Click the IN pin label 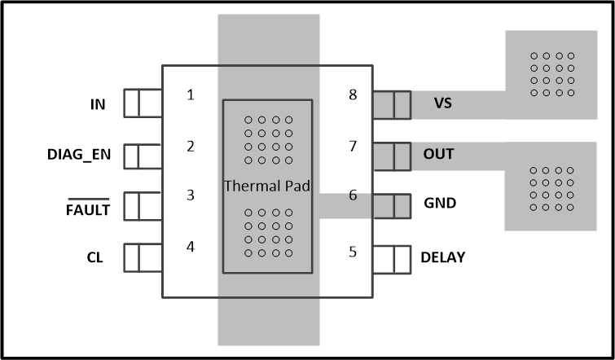(x=98, y=104)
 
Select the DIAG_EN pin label (x=80, y=155)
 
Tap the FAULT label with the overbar (x=87, y=210)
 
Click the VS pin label (x=442, y=103)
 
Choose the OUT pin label (x=439, y=154)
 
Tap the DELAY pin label (x=443, y=257)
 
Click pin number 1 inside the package (x=191, y=94)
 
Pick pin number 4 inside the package (x=191, y=245)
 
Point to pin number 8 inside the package (x=353, y=94)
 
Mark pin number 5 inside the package (x=353, y=251)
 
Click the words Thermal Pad (x=267, y=186)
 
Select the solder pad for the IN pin (x=143, y=103)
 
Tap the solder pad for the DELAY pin (x=391, y=258)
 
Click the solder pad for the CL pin (x=143, y=258)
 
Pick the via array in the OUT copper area (x=551, y=188)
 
